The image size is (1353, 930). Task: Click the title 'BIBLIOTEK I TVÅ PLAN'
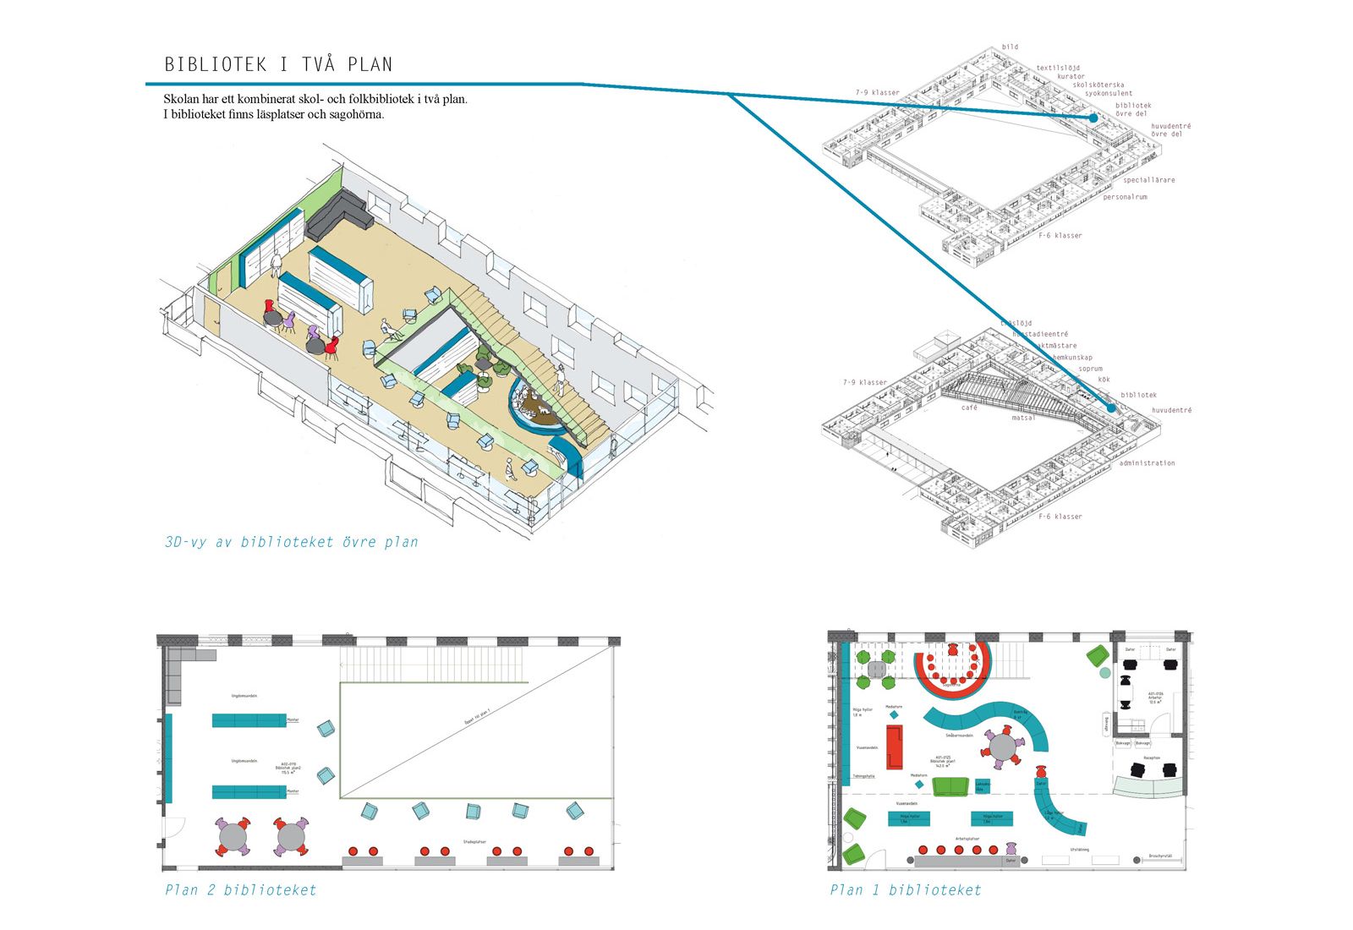pyautogui.click(x=278, y=64)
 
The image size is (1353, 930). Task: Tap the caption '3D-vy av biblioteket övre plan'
pyautogui.click(x=291, y=542)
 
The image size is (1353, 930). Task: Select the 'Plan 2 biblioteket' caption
pyautogui.click(x=240, y=889)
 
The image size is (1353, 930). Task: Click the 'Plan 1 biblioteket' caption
pyautogui.click(x=905, y=889)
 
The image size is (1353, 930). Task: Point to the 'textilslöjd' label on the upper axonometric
pyautogui.click(x=1058, y=68)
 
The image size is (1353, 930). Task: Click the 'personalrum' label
pyautogui.click(x=1125, y=197)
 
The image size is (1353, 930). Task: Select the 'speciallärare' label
pyautogui.click(x=1148, y=180)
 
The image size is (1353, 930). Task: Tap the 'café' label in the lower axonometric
pyautogui.click(x=969, y=408)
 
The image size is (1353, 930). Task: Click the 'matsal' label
pyautogui.click(x=1023, y=418)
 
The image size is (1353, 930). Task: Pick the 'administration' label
pyautogui.click(x=1147, y=463)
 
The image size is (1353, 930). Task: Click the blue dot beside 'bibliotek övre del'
pyautogui.click(x=1093, y=118)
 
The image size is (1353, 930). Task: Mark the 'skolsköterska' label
pyautogui.click(x=1098, y=85)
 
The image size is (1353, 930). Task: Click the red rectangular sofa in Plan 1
pyautogui.click(x=894, y=747)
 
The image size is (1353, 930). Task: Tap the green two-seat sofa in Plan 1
pyautogui.click(x=950, y=786)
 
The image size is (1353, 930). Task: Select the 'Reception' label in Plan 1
pyautogui.click(x=1151, y=758)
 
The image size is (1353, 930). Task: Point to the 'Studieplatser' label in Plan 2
pyautogui.click(x=474, y=841)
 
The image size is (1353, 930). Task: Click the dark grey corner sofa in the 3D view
pyautogui.click(x=338, y=214)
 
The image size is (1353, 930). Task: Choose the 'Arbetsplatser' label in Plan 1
pyautogui.click(x=967, y=840)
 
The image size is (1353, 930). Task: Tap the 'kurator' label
pyautogui.click(x=1071, y=76)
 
